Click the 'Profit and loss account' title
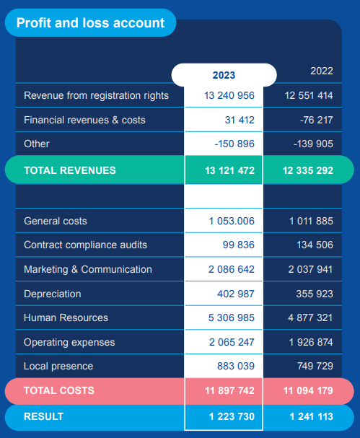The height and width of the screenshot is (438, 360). (x=90, y=23)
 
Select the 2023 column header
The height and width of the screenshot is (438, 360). (x=224, y=75)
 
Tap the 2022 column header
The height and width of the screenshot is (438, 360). (x=322, y=71)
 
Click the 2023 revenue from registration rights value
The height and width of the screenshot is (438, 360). (x=229, y=95)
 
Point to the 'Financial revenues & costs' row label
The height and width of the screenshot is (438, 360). (x=84, y=120)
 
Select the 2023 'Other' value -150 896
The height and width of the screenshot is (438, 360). (x=234, y=144)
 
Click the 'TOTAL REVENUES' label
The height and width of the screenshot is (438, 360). (x=70, y=170)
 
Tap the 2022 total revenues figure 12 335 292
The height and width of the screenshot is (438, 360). (x=308, y=170)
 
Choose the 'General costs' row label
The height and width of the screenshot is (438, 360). (x=56, y=222)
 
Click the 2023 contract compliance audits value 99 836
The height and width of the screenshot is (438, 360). (x=239, y=245)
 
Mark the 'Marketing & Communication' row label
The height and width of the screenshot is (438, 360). (x=88, y=270)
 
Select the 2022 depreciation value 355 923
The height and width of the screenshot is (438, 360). (x=315, y=294)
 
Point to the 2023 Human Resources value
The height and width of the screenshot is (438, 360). (x=232, y=318)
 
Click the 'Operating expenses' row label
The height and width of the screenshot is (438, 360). (x=69, y=343)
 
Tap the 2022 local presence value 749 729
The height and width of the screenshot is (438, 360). (x=315, y=366)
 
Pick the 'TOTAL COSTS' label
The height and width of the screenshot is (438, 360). (x=59, y=390)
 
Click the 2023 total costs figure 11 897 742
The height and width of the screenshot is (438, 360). (x=229, y=390)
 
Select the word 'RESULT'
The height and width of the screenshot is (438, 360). (x=43, y=416)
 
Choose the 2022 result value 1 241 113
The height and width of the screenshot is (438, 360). (x=312, y=416)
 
